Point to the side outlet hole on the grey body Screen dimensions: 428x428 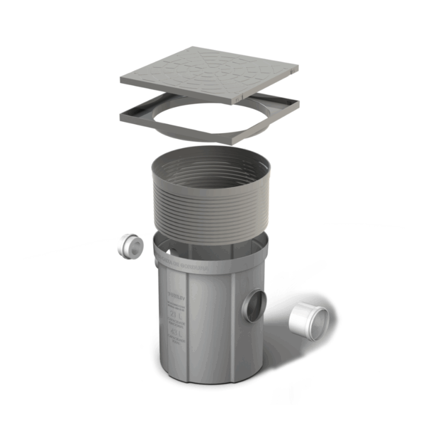tap(255, 306)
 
